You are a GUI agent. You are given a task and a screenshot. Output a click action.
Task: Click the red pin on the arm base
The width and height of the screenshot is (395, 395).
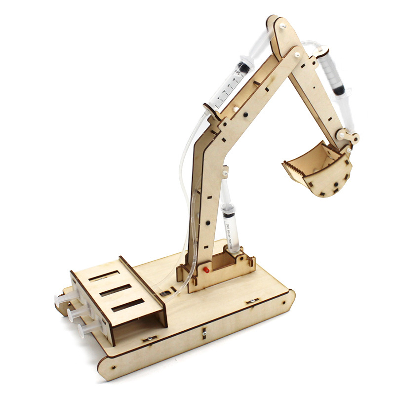[204, 271]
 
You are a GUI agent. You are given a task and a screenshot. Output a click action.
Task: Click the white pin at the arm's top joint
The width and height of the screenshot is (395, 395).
[283, 25]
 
